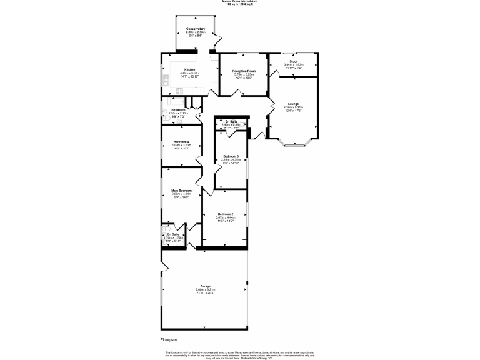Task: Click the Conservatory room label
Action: (196, 29)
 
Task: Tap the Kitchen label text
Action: (189, 69)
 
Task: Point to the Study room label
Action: (293, 61)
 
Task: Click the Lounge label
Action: (293, 104)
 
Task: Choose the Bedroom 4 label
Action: (181, 142)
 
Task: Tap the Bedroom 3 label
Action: (231, 156)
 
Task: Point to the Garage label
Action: (206, 286)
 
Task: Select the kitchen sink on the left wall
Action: (166, 79)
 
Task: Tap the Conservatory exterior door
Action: (216, 43)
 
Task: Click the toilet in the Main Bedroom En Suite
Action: (165, 229)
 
